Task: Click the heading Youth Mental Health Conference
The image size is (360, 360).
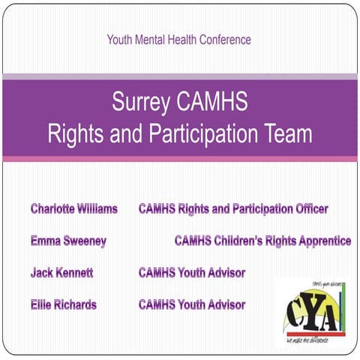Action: (178, 40)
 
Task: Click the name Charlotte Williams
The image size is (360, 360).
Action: (73, 209)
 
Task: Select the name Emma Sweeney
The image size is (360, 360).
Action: (68, 241)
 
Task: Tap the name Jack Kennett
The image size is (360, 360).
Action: (61, 273)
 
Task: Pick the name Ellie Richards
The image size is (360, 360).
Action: (63, 305)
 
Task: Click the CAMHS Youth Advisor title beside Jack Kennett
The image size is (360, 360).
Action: (192, 273)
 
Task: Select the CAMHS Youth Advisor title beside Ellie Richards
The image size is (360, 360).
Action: (192, 305)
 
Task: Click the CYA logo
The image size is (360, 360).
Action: (312, 312)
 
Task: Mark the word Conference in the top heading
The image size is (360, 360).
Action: (222, 40)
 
